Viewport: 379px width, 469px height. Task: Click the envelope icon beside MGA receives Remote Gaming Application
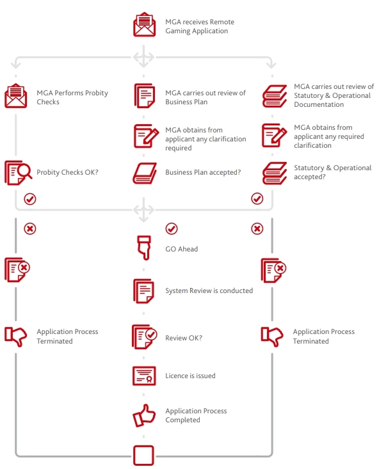point(144,24)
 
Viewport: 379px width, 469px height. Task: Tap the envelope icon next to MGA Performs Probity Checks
point(16,96)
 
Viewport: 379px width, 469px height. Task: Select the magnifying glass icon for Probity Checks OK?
point(19,173)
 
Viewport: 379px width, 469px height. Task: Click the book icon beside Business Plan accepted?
point(145,173)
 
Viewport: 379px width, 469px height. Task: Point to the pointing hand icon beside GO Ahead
point(144,248)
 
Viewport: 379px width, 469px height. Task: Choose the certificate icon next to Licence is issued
point(144,376)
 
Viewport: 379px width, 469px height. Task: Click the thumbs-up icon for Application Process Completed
point(144,415)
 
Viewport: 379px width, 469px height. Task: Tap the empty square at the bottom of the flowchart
point(143,455)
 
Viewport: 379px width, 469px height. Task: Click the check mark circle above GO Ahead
point(172,229)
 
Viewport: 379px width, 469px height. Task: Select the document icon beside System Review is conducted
point(144,291)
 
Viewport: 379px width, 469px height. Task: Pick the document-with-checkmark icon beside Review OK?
point(145,337)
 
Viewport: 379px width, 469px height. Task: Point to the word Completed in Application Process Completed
point(182,420)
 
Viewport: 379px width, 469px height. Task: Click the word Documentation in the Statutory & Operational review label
point(319,104)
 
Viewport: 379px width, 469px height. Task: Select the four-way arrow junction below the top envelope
point(143,57)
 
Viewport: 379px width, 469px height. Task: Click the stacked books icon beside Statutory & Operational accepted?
point(275,173)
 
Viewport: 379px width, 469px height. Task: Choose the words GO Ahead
point(181,249)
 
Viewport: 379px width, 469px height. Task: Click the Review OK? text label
point(184,338)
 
